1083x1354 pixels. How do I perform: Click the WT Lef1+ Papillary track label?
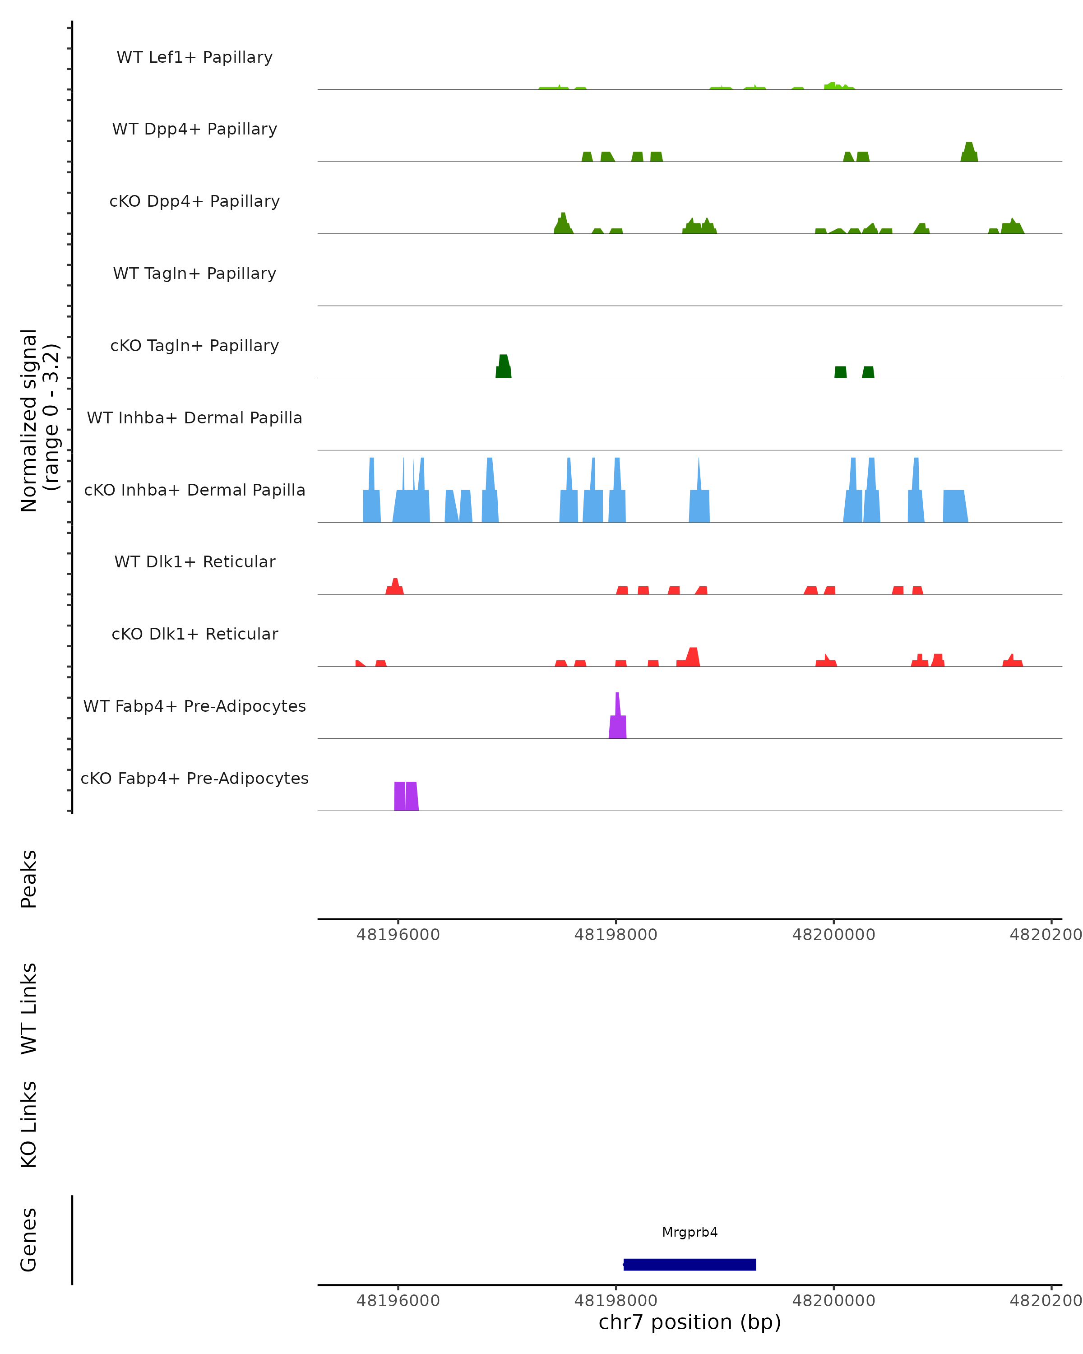[x=194, y=57]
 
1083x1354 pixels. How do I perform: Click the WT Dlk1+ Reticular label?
[x=194, y=561]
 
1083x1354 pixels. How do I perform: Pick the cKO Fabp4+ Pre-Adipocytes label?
[x=194, y=778]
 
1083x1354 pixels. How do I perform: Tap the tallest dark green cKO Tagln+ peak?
[x=504, y=368]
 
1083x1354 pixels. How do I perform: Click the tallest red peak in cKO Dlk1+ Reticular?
[x=693, y=658]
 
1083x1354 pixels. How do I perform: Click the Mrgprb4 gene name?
[x=690, y=1232]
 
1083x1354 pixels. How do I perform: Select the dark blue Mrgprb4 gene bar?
[x=690, y=1264]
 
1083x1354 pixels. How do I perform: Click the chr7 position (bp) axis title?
[x=690, y=1322]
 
